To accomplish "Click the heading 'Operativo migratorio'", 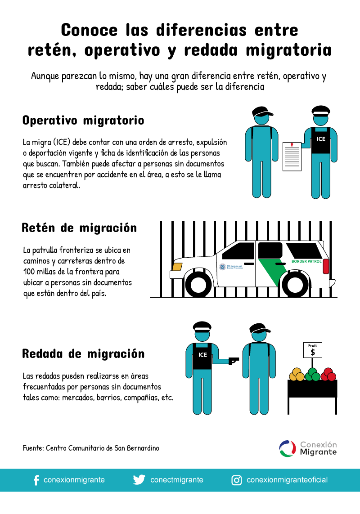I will click(83, 121).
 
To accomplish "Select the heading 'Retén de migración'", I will click(79, 228).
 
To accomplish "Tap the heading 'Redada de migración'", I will click(83, 354).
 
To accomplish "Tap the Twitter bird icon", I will click(139, 480).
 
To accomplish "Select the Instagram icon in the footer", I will click(236, 480).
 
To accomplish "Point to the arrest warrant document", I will click(292, 156).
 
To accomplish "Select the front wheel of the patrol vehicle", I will click(198, 284).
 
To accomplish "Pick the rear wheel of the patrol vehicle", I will click(294, 284).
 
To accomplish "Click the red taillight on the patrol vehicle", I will click(326, 266).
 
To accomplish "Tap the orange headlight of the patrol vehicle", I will click(177, 267).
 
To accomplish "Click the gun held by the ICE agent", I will click(234, 360).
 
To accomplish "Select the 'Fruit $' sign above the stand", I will click(313, 349).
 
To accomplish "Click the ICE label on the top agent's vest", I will click(321, 139).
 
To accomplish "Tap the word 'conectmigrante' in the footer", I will click(176, 480).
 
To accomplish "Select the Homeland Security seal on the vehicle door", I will click(222, 267).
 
